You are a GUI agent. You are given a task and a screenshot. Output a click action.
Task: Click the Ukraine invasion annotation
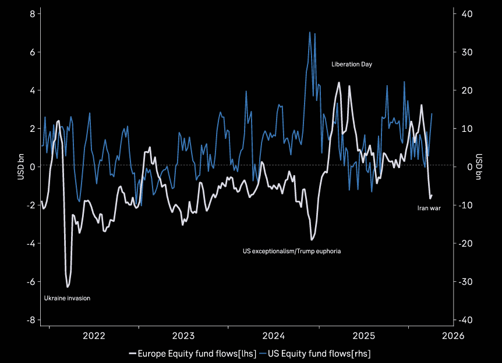coord(67,298)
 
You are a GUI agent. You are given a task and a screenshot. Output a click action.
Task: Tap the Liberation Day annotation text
coord(351,64)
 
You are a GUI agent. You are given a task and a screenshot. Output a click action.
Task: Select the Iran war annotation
coord(429,208)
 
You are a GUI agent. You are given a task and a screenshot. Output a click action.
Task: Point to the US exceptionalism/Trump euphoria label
coord(291,251)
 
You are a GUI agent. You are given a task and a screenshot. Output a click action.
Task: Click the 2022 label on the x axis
coord(94,336)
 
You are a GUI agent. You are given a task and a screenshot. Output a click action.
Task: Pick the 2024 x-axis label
coord(273,336)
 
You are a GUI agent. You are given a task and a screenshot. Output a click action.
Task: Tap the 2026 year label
coord(452,336)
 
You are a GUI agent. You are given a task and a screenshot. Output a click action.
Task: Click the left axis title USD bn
coord(20,167)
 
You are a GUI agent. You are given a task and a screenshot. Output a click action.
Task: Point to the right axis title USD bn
coord(479,167)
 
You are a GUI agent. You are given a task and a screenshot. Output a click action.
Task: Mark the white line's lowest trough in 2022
coord(68,287)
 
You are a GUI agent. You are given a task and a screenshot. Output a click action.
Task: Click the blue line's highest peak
coord(310,32)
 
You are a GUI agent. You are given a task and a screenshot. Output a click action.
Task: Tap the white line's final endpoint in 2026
coord(432,196)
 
